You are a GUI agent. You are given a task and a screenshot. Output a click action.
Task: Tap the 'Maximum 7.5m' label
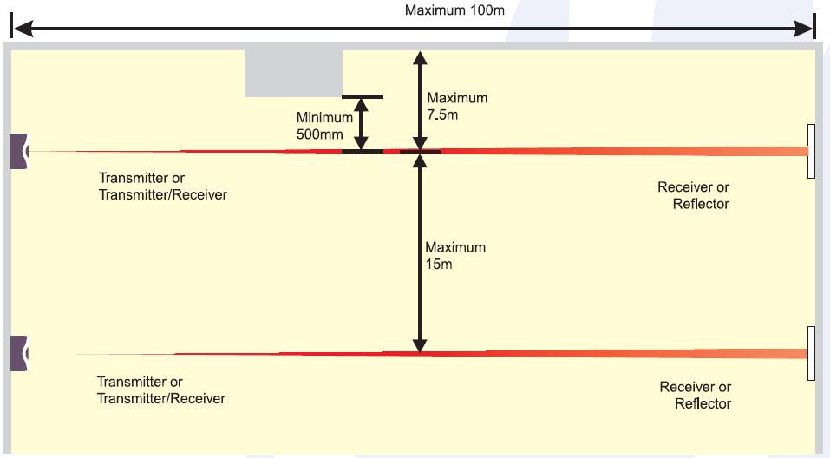point(456,106)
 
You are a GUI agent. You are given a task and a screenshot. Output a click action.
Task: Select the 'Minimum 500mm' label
point(324,126)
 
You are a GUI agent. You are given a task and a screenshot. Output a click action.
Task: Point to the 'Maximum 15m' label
point(455,255)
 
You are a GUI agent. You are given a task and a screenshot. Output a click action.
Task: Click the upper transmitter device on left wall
point(19,151)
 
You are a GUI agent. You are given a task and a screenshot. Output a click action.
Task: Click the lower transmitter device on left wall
point(19,353)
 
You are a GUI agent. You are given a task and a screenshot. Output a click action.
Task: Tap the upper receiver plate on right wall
point(810,151)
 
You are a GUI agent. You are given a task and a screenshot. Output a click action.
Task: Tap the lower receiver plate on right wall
point(810,353)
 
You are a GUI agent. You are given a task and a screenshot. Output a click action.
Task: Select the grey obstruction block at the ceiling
point(293,73)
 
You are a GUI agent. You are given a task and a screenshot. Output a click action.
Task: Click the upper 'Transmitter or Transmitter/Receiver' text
point(163,186)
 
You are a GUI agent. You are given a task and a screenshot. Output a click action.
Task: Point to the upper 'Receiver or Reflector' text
point(693,195)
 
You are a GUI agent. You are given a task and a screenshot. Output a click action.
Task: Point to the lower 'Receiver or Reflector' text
point(695,395)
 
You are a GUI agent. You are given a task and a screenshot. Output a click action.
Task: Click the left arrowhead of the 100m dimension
point(19,29)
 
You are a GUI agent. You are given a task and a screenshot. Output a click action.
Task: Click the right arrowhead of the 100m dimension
point(806,29)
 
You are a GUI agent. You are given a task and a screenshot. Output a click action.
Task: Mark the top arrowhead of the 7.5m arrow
point(420,59)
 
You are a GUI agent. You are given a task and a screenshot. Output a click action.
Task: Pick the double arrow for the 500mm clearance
point(362,123)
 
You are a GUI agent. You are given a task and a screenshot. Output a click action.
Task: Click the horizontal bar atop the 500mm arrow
point(363,96)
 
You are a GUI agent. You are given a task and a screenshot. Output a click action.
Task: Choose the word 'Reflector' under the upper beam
point(701,204)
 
